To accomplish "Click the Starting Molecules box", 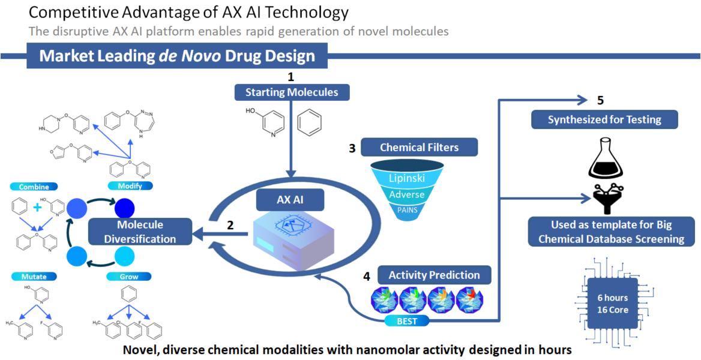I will point(291,92).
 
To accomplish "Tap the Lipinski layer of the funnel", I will point(408,178).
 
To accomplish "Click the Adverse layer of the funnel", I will point(408,194).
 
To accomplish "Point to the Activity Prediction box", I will point(434,275).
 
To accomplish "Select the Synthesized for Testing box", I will point(604,119).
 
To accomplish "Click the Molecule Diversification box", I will point(140,232).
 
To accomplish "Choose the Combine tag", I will point(34,187).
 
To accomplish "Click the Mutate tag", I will point(34,277).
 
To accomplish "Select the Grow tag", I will point(129,277).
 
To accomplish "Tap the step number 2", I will point(229,226).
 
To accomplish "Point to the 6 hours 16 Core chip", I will point(612,304).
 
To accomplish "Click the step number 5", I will point(601,100).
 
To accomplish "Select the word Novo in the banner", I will point(197,56).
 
